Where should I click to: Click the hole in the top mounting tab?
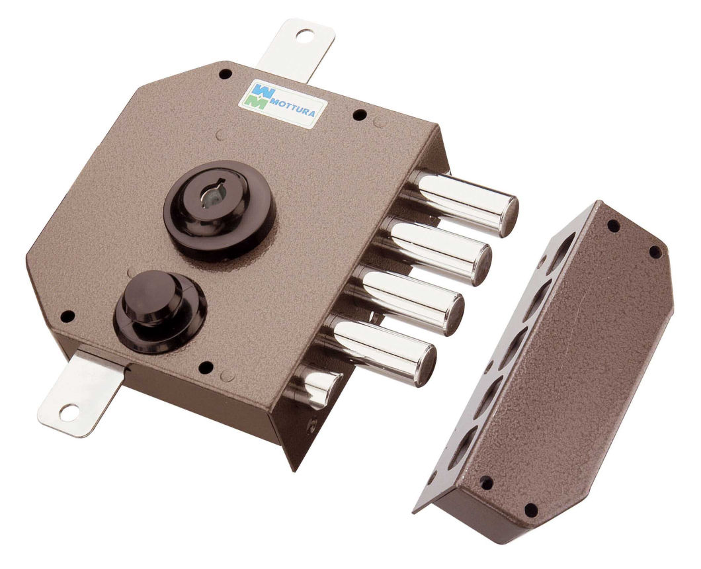(306, 35)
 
